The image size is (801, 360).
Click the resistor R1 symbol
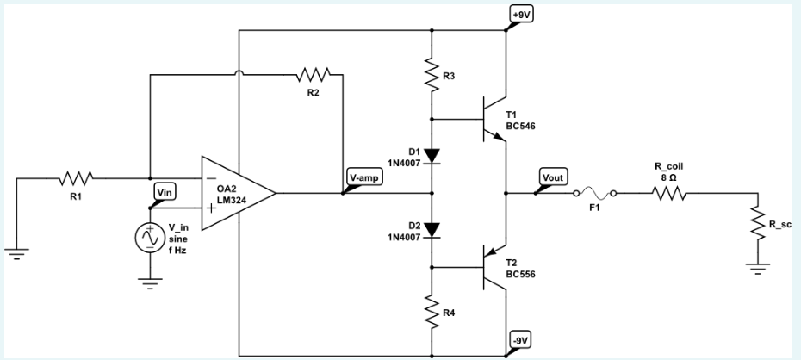[75, 180]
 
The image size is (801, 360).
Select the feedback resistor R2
[313, 74]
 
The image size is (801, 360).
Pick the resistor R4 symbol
[432, 312]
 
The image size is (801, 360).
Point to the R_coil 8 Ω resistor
[669, 194]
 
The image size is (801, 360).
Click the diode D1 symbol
[432, 155]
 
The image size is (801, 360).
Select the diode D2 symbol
[432, 230]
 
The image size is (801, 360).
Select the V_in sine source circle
[151, 236]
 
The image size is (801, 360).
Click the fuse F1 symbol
[594, 194]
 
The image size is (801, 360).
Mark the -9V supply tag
[521, 341]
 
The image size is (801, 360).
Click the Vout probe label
[551, 178]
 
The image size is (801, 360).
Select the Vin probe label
[164, 192]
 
